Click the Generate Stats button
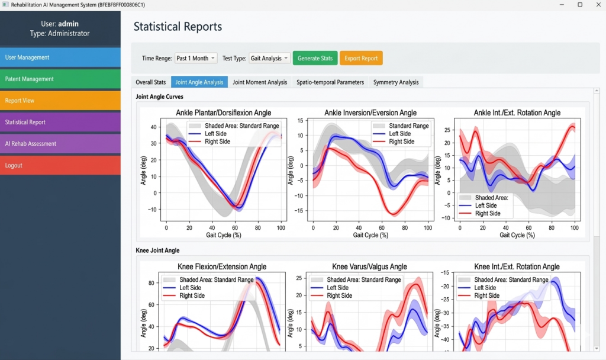pos(315,58)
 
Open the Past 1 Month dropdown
pos(196,58)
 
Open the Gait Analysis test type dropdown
pos(269,58)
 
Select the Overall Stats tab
pos(151,82)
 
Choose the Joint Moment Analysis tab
pos(260,82)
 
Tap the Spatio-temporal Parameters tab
pos(330,82)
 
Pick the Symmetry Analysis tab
pos(396,82)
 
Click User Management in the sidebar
pos(60,57)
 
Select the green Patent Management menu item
pos(60,79)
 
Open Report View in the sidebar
pos(60,101)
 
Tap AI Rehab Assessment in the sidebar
pos(60,143)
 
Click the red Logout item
pos(60,165)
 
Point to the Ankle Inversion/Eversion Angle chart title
pos(370,112)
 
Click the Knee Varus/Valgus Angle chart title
pos(370,266)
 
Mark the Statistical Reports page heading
pos(178,27)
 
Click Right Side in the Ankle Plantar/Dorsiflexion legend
pos(217,142)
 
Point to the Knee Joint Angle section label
pos(157,250)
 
